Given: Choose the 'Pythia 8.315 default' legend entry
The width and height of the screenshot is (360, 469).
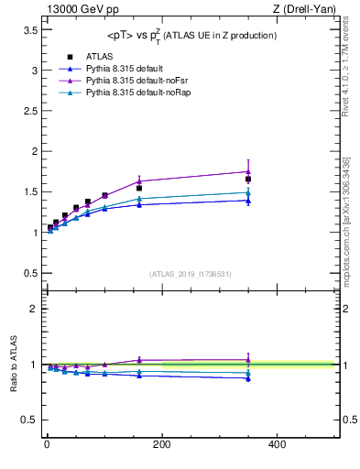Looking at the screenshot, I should point(123,70).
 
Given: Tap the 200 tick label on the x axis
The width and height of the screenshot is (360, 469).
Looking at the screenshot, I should point(161,444).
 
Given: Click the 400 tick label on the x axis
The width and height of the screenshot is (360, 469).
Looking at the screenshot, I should point(277,444).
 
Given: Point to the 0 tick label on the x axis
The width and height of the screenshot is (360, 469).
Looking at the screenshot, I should point(47,444).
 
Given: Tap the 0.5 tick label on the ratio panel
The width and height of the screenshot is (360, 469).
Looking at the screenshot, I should point(27,421).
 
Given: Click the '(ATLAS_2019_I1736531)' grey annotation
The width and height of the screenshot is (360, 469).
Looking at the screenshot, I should point(191,274).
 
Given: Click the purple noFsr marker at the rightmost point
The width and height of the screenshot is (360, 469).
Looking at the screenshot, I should point(248,171).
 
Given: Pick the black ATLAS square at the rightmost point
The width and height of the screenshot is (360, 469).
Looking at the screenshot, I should point(248,180).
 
